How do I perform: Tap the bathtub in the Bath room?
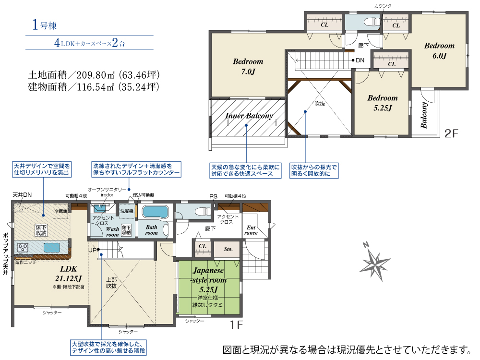[156, 212]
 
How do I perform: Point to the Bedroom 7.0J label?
[248, 66]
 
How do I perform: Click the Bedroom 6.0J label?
[439, 50]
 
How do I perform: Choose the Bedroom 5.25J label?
[383, 103]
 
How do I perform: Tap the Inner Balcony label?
[249, 116]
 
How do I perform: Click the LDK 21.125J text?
[69, 274]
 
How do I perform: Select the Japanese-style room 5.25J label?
[208, 280]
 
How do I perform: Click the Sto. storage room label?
[228, 249]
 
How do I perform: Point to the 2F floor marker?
[451, 133]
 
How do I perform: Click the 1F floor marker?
[236, 325]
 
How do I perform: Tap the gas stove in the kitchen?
[23, 247]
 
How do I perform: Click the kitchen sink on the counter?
[51, 247]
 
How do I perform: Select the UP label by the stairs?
[92, 251]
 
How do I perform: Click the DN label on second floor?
[360, 60]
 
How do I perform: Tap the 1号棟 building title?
[44, 25]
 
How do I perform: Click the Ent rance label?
[251, 230]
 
